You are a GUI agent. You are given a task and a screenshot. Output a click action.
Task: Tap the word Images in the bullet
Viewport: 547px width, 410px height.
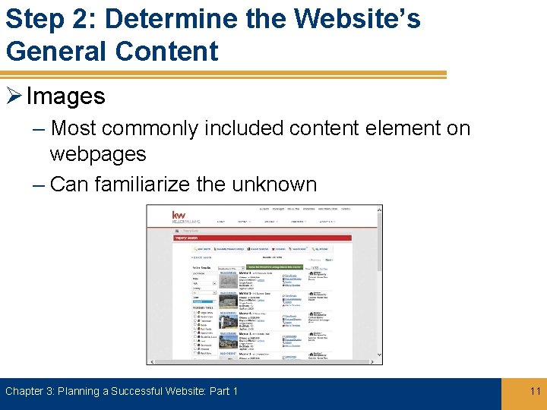[x=66, y=96]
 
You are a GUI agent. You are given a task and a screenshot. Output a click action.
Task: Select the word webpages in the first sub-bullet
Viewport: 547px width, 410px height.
[x=98, y=154]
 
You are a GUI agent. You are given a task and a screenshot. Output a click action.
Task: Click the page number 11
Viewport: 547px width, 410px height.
[x=535, y=391]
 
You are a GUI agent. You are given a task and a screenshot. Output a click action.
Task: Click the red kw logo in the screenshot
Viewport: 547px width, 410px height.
[x=179, y=216]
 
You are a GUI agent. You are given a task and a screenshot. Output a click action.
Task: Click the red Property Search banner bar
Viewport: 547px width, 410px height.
[x=262, y=238]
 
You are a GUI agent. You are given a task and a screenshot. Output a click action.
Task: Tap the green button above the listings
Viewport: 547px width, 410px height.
[x=274, y=267]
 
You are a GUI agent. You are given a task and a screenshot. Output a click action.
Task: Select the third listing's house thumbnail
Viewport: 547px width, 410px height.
[x=228, y=321]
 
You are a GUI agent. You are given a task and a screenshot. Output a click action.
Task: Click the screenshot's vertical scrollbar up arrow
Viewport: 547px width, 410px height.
[x=380, y=209]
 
